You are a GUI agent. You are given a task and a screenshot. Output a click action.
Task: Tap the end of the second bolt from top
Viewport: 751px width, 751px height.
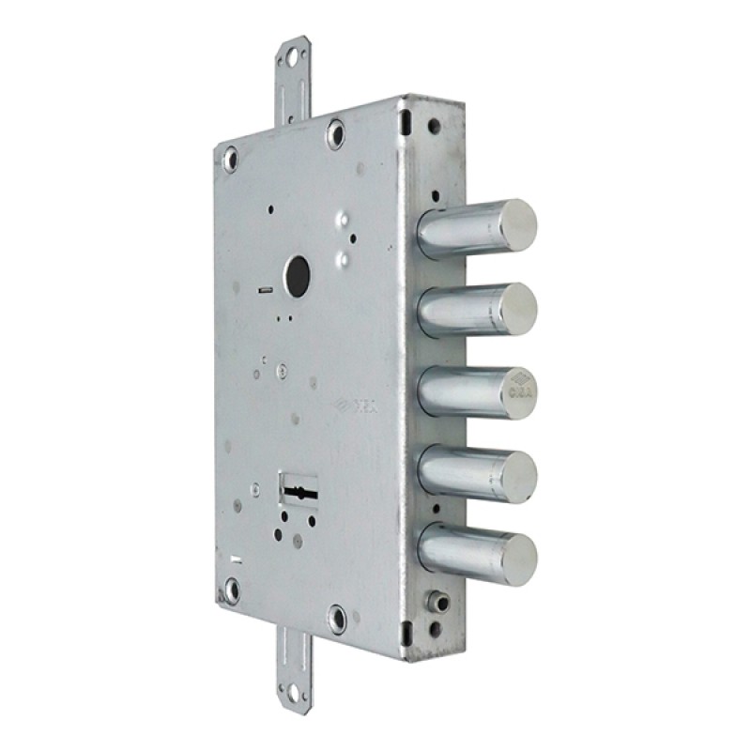[x=517, y=305]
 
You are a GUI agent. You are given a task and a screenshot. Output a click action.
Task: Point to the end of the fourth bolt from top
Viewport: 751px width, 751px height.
[x=518, y=471]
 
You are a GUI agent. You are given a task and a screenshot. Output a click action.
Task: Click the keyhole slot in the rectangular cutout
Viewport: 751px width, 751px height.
[x=299, y=489]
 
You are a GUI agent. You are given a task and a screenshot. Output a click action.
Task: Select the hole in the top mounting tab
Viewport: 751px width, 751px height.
[x=293, y=58]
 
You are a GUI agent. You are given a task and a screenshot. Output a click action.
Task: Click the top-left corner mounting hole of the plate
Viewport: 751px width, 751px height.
[x=230, y=161]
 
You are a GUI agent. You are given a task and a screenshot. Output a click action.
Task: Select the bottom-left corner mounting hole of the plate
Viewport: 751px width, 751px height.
[x=231, y=590]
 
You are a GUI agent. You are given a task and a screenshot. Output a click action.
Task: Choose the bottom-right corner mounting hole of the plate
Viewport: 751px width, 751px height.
[x=337, y=618]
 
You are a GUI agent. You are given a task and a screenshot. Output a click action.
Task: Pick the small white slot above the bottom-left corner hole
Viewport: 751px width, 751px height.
[x=236, y=560]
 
